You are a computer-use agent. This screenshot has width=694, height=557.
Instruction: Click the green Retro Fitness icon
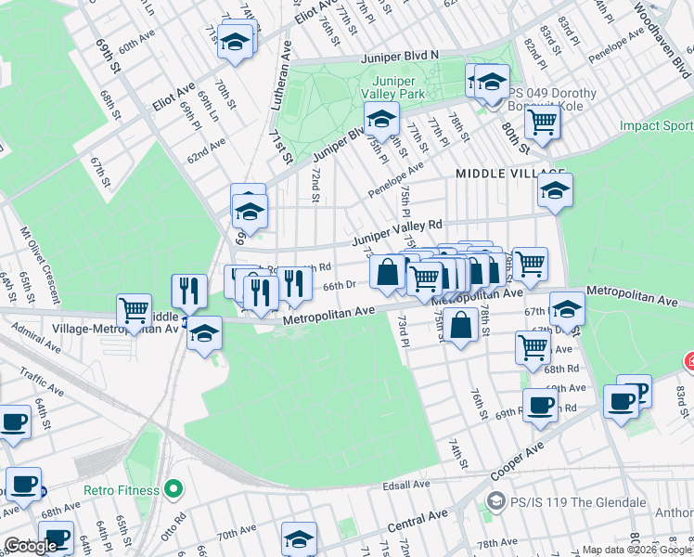click(x=173, y=489)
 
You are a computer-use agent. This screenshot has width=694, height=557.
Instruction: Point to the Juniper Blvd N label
click(x=401, y=56)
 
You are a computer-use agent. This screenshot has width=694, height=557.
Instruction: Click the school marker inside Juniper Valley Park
click(x=380, y=120)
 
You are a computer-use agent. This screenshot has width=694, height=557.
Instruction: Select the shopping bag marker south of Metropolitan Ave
click(x=460, y=325)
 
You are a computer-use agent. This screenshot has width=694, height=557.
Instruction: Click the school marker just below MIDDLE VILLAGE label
click(x=554, y=191)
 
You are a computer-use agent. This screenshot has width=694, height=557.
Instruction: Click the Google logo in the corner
click(x=32, y=546)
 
